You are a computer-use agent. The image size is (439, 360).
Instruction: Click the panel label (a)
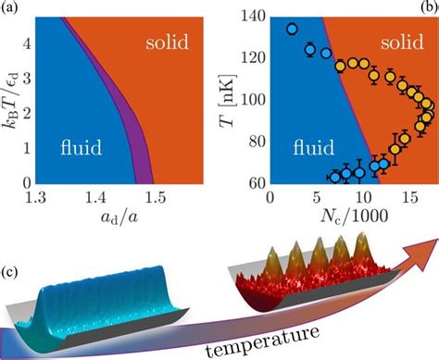[12, 8]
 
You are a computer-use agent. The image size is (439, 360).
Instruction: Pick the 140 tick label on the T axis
[253, 18]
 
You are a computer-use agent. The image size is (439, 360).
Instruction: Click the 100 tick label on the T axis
[253, 99]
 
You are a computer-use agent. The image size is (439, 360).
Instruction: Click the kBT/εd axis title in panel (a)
[10, 97]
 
